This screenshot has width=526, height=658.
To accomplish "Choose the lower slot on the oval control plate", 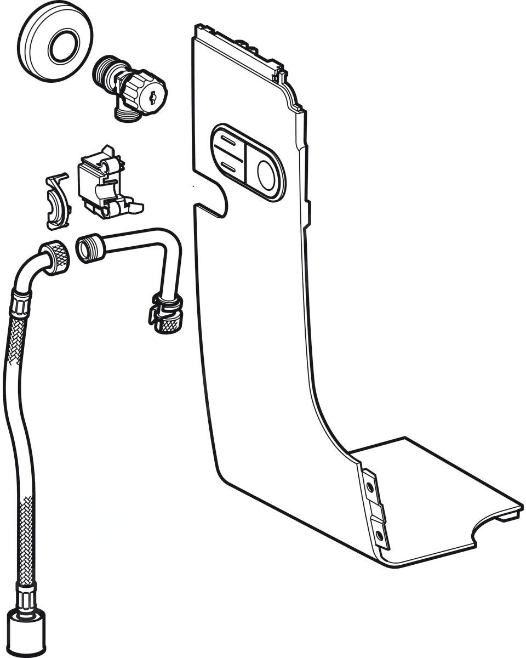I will pyautogui.click(x=230, y=165).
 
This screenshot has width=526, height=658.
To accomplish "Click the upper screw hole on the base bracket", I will pyautogui.click(x=370, y=486).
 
